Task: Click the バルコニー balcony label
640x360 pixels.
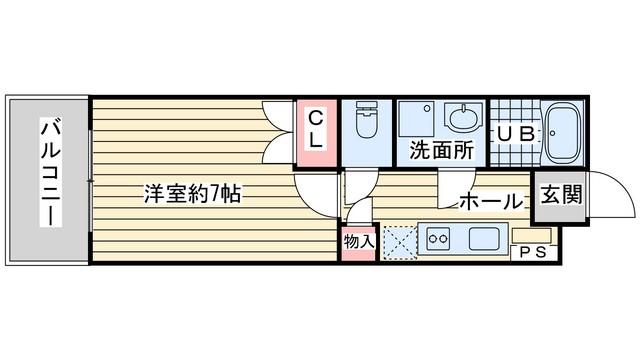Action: [51, 172]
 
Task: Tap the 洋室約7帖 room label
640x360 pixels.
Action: [193, 194]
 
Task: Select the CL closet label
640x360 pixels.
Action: [316, 130]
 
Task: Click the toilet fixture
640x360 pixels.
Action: [366, 119]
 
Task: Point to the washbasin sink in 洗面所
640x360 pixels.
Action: [463, 117]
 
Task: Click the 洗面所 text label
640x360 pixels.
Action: [442, 150]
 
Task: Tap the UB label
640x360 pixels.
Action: [516, 134]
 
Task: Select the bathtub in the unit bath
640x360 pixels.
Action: [564, 133]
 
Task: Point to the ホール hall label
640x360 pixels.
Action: [491, 201]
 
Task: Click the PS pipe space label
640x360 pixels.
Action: [533, 253]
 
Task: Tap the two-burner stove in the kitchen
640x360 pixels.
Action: [438, 238]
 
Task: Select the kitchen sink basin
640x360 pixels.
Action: [484, 238]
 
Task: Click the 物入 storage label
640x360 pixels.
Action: [359, 242]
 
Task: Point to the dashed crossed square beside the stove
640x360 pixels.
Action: [401, 242]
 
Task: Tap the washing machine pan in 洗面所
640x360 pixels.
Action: [416, 119]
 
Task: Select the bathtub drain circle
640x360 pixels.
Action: [552, 133]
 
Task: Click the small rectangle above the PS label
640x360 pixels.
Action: [532, 236]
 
